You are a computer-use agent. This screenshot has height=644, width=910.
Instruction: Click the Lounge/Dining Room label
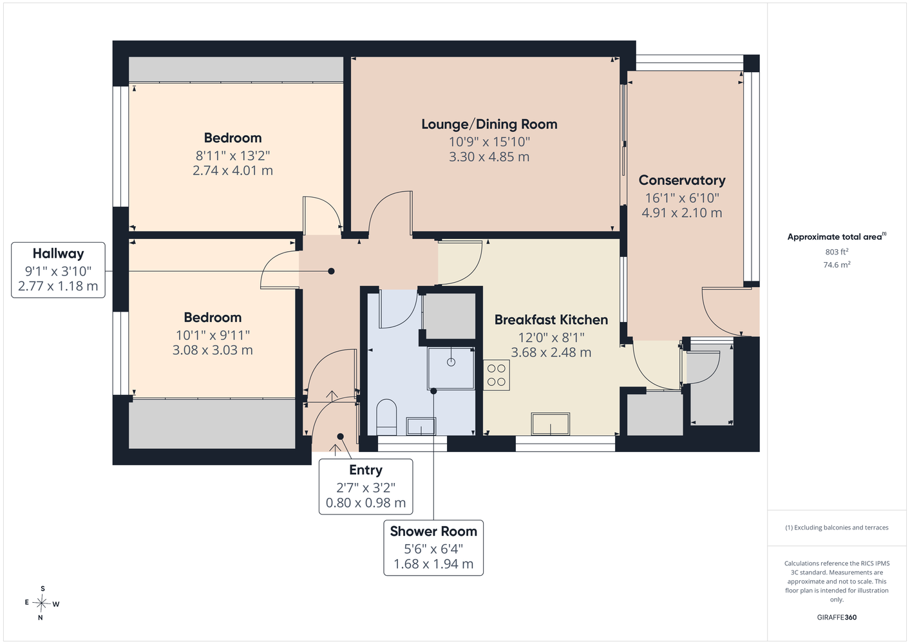[x=489, y=124]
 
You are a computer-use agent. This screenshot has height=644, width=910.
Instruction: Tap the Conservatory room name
[x=681, y=180]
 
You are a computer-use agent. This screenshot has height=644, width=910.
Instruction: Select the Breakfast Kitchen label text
[x=551, y=320]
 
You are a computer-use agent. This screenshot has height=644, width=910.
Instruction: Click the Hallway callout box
[x=58, y=270]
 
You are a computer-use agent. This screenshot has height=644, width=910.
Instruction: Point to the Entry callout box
[x=366, y=486]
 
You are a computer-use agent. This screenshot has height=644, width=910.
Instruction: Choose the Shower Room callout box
[x=433, y=547]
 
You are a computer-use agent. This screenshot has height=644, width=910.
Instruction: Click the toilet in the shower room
[x=386, y=417]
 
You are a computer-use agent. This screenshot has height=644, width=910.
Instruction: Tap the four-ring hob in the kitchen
[x=496, y=375]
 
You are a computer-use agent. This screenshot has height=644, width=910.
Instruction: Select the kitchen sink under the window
[x=551, y=424]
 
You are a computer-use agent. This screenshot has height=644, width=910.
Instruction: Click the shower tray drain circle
[x=451, y=362]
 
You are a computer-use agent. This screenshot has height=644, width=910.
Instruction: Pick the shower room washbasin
[x=421, y=426]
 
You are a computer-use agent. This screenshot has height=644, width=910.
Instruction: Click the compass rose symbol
[x=42, y=603]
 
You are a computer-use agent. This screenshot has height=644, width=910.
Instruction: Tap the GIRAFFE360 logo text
[x=837, y=617]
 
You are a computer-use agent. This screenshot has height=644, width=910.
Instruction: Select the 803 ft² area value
[x=837, y=252]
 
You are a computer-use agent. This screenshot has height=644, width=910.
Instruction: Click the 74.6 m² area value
[x=837, y=265]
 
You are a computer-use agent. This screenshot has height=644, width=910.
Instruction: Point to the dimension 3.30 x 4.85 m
[x=489, y=157]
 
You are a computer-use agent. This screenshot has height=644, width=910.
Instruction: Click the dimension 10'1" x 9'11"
[x=213, y=336]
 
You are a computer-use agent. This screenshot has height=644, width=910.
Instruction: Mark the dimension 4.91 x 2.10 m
[x=681, y=213]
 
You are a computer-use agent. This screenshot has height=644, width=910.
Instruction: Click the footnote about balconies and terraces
[x=837, y=527]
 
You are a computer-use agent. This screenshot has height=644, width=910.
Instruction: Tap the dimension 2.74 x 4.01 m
[x=232, y=171]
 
